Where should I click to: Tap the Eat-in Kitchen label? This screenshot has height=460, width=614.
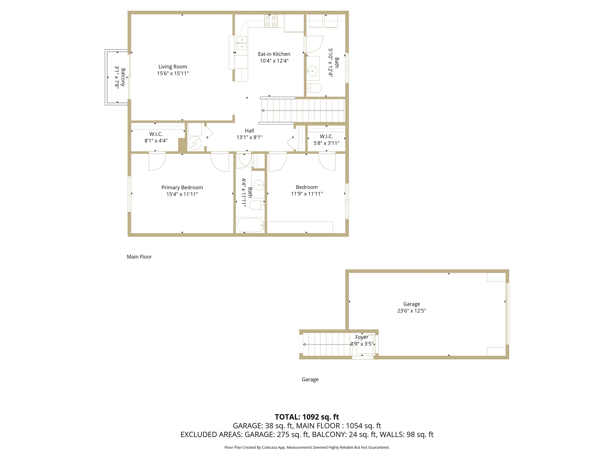(274, 54)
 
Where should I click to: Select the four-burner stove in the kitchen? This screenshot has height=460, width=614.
(271, 21)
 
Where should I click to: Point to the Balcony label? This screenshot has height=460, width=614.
(123, 77)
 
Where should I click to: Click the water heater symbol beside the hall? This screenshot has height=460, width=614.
(195, 143)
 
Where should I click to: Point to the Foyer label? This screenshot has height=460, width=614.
(361, 337)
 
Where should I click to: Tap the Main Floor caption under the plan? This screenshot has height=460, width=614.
(139, 257)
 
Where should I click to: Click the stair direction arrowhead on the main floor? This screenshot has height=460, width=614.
(263, 111)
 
